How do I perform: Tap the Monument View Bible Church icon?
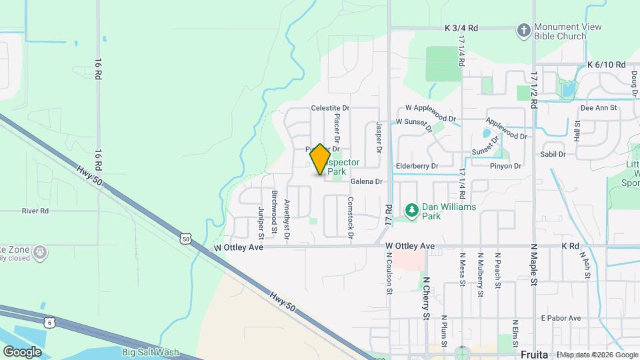[524, 31]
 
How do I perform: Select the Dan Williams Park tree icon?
[412, 211]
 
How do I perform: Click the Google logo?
[23, 351]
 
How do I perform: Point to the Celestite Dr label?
[330, 107]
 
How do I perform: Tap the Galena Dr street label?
[366, 181]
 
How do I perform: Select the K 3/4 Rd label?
[461, 28]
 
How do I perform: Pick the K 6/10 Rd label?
[606, 65]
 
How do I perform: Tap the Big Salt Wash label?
[151, 352]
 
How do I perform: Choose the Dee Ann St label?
[599, 107]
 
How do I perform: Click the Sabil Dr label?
[553, 154]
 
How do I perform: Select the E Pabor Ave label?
[561, 317]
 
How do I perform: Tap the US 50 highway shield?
[186, 238]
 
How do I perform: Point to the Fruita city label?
[533, 353]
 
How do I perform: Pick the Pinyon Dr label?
[505, 166]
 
